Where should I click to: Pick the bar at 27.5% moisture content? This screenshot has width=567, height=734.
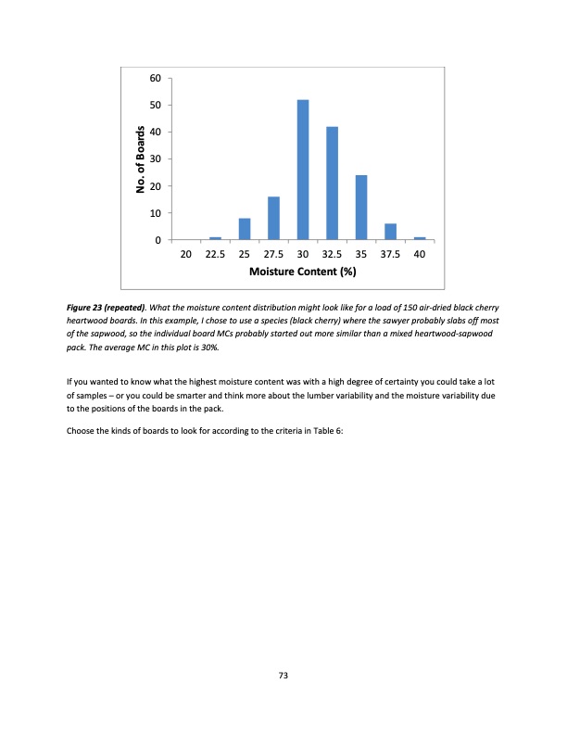pyautogui.click(x=273, y=219)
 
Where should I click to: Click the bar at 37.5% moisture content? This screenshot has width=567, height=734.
pyautogui.click(x=390, y=232)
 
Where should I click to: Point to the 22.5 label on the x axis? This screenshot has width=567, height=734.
pyautogui.click(x=215, y=254)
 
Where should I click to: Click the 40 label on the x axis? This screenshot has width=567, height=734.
pyautogui.click(x=420, y=254)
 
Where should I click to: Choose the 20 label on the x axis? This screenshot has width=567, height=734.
pyautogui.click(x=186, y=254)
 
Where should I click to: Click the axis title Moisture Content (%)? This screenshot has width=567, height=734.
pyautogui.click(x=303, y=272)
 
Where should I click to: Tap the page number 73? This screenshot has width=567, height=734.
pyautogui.click(x=283, y=676)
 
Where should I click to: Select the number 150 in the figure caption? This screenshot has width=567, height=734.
pyautogui.click(x=383, y=307)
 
